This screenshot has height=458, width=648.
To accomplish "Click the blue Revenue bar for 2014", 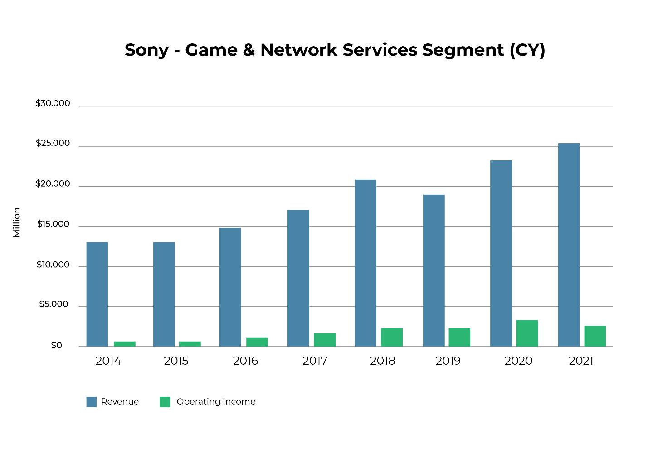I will pyautogui.click(x=97, y=294).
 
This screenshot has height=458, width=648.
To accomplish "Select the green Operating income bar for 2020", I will pyautogui.click(x=527, y=333).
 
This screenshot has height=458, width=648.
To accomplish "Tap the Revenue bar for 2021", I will pyautogui.click(x=569, y=245).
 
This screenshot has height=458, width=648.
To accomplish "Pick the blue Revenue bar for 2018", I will pyautogui.click(x=365, y=263).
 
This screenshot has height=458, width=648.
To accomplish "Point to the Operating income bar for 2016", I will pyautogui.click(x=257, y=342).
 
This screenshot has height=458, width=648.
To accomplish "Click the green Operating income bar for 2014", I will pyautogui.click(x=124, y=344).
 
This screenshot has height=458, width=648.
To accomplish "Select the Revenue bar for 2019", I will pyautogui.click(x=434, y=270).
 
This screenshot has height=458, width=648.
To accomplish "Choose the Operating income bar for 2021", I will pyautogui.click(x=594, y=336).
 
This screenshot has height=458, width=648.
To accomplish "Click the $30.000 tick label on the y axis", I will pyautogui.click(x=53, y=104).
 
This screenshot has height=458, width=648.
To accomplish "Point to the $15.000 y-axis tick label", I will pyautogui.click(x=53, y=224).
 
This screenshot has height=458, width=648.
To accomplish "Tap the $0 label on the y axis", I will pyautogui.click(x=56, y=346).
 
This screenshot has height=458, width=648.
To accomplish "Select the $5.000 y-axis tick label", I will pyautogui.click(x=54, y=304).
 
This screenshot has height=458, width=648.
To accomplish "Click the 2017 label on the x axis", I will pyautogui.click(x=315, y=361).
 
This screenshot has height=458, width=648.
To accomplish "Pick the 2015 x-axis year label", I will pyautogui.click(x=176, y=361).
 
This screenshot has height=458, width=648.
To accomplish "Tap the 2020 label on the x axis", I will pyautogui.click(x=518, y=361).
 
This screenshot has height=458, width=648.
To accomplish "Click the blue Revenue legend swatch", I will pyautogui.click(x=91, y=402).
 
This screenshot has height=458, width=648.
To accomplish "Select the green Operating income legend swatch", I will pyautogui.click(x=165, y=402).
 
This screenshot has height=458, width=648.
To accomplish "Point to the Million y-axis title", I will pyautogui.click(x=17, y=222).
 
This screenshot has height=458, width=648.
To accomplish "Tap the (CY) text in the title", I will pyautogui.click(x=527, y=50).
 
